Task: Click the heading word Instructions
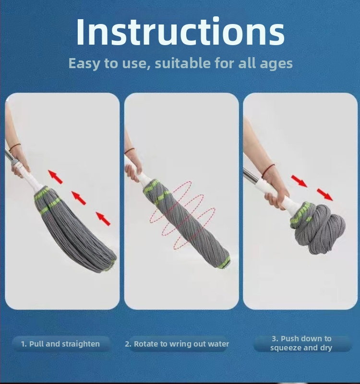pyautogui.click(x=180, y=32)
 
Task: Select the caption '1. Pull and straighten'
pyautogui.click(x=60, y=344)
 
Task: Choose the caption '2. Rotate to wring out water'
pyautogui.click(x=177, y=344)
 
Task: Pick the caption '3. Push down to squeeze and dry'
pyautogui.click(x=301, y=343)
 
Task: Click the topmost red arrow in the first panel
pyautogui.click(x=55, y=177)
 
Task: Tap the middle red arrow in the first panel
pyautogui.click(x=79, y=198)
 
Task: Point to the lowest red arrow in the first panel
pyautogui.click(x=103, y=219)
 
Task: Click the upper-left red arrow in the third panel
pyautogui.click(x=299, y=181)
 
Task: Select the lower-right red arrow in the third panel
pyautogui.click(x=325, y=194)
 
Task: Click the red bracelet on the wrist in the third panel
pyautogui.click(x=267, y=170)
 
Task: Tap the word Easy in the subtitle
pyautogui.click(x=84, y=64)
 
